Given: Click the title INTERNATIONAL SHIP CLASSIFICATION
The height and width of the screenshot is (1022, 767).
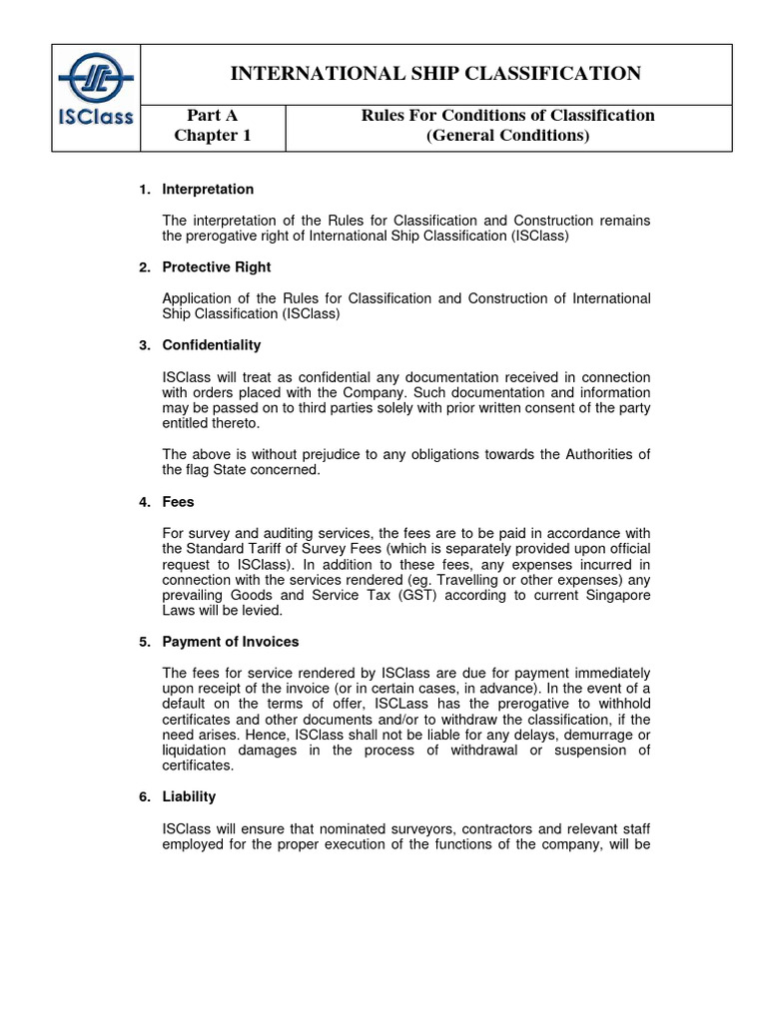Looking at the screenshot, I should pyautogui.click(x=435, y=73).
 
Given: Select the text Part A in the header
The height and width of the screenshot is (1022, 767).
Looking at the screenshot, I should pyautogui.click(x=213, y=115).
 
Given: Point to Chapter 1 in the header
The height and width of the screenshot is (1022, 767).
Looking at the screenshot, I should pyautogui.click(x=213, y=136).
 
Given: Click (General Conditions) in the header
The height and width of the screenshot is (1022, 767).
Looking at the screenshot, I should pyautogui.click(x=508, y=136).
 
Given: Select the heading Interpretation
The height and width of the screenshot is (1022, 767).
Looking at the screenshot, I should pyautogui.click(x=208, y=189).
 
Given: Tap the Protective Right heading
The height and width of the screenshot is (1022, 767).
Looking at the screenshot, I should pyautogui.click(x=216, y=266).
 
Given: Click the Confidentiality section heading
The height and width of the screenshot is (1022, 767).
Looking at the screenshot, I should pyautogui.click(x=211, y=345).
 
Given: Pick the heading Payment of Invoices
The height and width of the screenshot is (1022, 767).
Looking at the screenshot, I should pyautogui.click(x=230, y=642).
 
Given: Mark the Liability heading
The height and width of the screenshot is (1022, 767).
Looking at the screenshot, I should pyautogui.click(x=189, y=797).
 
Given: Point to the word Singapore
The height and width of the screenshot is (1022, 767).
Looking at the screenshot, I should pyautogui.click(x=615, y=595).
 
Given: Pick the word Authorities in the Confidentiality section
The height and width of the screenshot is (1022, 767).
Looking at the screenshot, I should pyautogui.click(x=584, y=454).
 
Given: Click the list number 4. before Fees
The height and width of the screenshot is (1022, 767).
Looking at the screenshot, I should pyautogui.click(x=144, y=501).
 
